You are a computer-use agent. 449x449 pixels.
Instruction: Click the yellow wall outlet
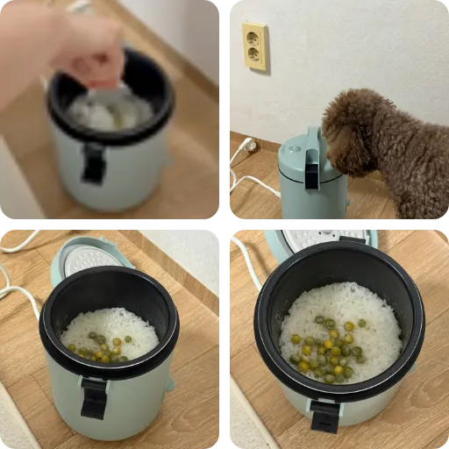[254, 46]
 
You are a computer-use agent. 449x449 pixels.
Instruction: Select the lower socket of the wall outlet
[254, 56]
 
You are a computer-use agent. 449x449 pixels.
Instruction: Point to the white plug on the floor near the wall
[251, 146]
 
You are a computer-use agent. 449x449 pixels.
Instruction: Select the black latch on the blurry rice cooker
[93, 163]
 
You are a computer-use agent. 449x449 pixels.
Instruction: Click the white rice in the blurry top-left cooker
[110, 112]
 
